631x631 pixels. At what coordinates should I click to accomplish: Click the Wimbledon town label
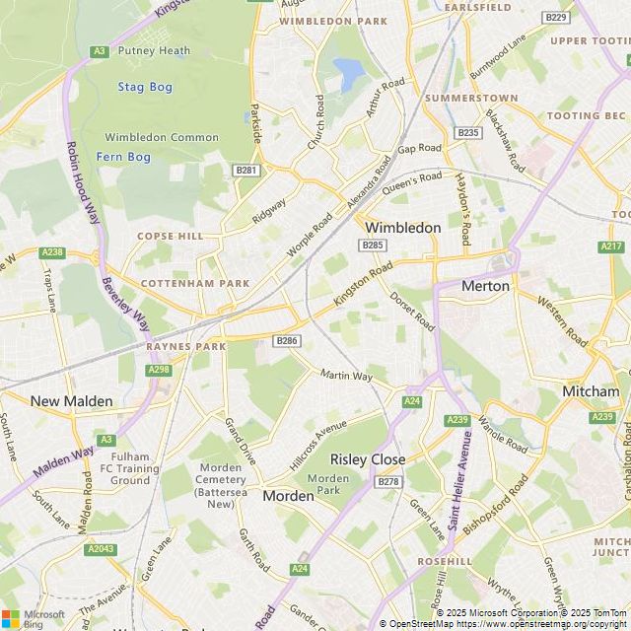pos(403,228)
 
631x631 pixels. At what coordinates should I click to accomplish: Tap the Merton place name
pos(486,286)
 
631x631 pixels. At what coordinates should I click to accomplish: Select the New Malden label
pos(72,401)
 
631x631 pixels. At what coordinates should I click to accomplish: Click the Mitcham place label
pos(591,391)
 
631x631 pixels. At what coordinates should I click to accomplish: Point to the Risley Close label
pos(368,459)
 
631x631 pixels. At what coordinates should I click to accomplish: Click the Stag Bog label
pos(145,87)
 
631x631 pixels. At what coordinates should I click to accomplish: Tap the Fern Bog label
pos(123,157)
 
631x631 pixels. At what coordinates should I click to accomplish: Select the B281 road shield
pos(246,171)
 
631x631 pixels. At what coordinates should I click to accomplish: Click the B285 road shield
pos(373,245)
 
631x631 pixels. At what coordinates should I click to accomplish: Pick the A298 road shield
pos(157,370)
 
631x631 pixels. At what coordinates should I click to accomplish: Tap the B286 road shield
pos(287,340)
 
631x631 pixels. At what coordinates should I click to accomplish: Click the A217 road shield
pos(611,245)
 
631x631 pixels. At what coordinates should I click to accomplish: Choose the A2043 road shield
pos(100,548)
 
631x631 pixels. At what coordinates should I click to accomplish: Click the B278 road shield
pos(388,481)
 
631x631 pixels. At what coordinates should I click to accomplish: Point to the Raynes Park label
pos(186,347)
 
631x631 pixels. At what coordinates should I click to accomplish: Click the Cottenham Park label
pos(194,283)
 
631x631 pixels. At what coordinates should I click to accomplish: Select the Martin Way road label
pos(347,376)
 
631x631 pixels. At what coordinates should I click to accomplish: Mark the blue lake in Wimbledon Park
pos(348,71)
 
